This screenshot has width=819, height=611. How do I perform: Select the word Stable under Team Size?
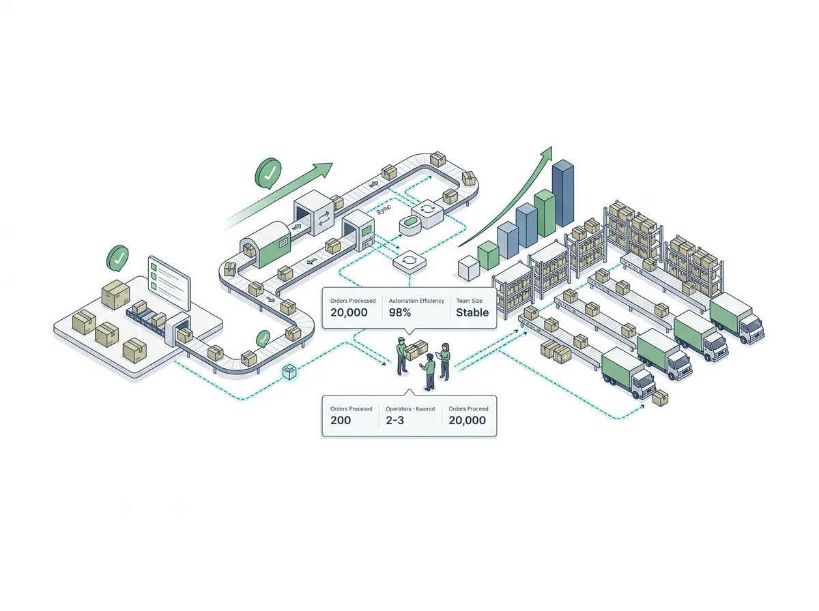[x=472, y=312]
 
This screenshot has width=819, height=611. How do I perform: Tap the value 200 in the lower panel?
[x=341, y=420]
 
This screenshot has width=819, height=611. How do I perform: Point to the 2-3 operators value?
[x=395, y=420]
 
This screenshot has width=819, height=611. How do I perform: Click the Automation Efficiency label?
[x=416, y=300]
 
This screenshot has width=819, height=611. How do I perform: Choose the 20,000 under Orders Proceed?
[x=468, y=420]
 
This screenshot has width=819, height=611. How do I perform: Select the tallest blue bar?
[x=562, y=194]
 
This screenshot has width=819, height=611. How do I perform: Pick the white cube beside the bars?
[x=469, y=268]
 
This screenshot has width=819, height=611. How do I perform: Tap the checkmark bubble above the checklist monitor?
[x=119, y=258]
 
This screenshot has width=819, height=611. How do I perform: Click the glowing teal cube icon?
[x=290, y=372]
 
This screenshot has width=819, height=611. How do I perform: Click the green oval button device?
[x=412, y=222]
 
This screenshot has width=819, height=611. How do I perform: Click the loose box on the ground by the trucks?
[x=660, y=398]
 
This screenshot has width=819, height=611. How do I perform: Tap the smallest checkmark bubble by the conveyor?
[x=262, y=338]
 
